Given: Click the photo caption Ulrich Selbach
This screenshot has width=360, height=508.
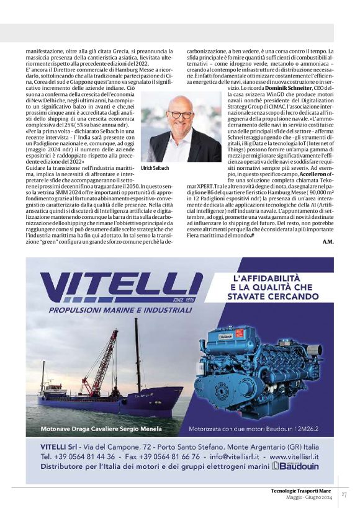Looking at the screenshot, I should (x=155, y=167).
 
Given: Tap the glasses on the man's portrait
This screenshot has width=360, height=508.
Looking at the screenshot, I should (x=181, y=115).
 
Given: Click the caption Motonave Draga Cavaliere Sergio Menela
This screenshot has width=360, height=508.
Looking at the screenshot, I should (x=101, y=429).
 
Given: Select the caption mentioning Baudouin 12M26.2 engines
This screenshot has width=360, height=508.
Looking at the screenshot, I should (x=259, y=429).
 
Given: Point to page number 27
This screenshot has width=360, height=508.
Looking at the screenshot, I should (x=344, y=494).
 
